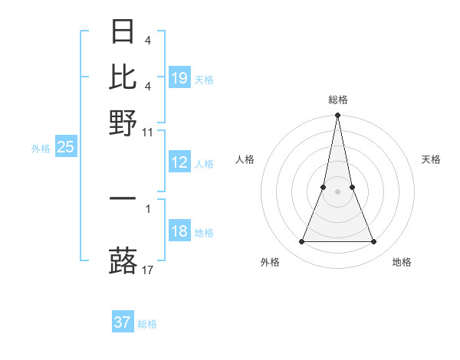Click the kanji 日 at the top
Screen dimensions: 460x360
pos(123,31)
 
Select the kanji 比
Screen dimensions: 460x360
pos(123,76)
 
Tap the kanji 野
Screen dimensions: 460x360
pos(123,121)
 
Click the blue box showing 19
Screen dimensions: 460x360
pos(179,78)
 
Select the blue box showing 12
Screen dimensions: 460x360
pos(179,162)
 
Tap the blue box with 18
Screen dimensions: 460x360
pos(179,232)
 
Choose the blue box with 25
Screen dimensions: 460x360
pos(65,148)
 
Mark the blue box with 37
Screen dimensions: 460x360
pos(123,322)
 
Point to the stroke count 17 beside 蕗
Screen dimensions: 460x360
pos(148,270)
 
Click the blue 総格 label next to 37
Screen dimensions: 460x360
pos(147,324)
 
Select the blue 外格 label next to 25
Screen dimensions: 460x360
pos(40,149)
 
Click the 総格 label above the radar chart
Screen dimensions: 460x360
pos(337,100)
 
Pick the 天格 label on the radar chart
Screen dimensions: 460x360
pos(431,159)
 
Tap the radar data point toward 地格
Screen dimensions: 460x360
pos(373,242)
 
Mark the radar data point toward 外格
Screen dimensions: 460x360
pos(301,242)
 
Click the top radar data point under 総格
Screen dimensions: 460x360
pos(337,116)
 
